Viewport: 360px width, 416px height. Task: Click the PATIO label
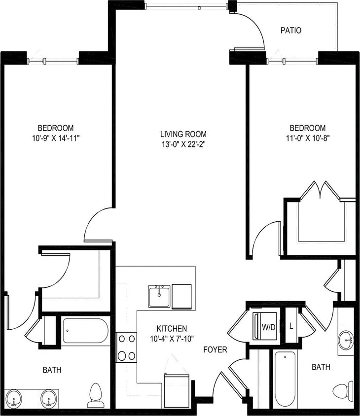291,31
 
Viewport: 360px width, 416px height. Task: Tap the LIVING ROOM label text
183,134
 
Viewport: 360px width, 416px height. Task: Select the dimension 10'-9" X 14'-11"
55,138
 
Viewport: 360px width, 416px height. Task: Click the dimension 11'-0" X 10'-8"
307,138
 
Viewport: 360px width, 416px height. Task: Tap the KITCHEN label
172,328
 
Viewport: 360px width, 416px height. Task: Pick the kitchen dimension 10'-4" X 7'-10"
172,338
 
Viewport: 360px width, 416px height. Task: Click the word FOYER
216,350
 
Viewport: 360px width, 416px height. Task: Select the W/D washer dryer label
269,326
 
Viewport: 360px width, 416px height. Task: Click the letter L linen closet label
291,326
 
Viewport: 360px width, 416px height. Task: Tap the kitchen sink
159,296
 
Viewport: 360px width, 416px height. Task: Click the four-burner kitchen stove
126,347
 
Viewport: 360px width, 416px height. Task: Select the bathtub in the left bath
86,331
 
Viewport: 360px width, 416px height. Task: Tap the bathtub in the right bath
285,379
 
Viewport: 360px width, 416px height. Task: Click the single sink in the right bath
347,339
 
